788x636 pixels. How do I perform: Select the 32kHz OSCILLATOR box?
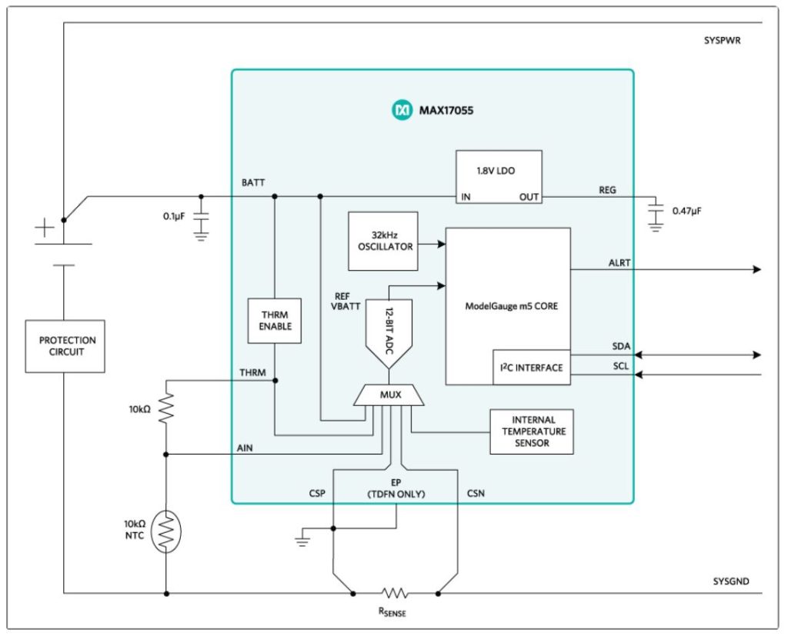[x=382, y=241]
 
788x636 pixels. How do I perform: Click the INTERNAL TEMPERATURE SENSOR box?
[x=532, y=431]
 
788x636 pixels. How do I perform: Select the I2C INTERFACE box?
[x=531, y=367]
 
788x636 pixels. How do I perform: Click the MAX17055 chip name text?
[x=446, y=111]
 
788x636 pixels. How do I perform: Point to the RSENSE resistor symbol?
[x=395, y=593]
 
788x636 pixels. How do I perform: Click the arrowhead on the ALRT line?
[x=756, y=269]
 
